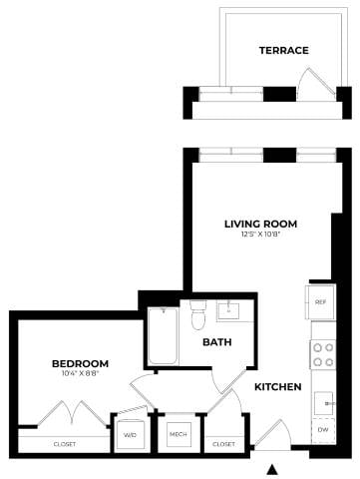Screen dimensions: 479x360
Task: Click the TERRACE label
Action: (x=283, y=50)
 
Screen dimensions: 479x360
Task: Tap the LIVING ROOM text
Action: (x=260, y=223)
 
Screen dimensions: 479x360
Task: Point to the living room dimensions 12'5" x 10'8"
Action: (x=260, y=235)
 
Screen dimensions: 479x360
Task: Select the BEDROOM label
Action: (x=80, y=363)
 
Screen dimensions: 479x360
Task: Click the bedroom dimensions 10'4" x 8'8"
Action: (x=80, y=374)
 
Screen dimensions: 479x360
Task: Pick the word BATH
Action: (x=217, y=342)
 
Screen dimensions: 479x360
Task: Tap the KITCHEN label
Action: (x=277, y=386)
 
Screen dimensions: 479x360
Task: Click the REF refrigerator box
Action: (x=321, y=301)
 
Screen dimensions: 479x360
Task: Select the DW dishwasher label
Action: (x=321, y=430)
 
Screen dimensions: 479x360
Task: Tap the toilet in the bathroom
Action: (x=197, y=315)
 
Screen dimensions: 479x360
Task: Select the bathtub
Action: (x=163, y=337)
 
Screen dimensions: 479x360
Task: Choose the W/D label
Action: (x=130, y=435)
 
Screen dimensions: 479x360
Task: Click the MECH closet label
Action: (x=179, y=435)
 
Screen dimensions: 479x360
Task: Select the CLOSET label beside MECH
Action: (x=223, y=444)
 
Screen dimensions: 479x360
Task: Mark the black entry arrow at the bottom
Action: (x=271, y=468)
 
